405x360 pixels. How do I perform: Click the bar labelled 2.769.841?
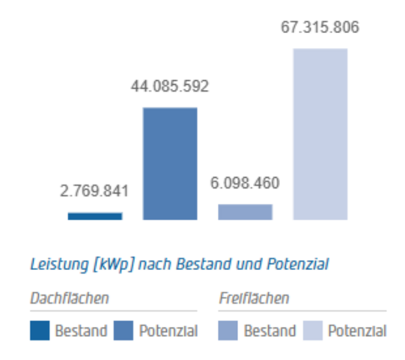[x=95, y=216]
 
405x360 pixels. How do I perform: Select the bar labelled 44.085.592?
[x=169, y=164]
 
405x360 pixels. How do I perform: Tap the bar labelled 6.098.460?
[x=245, y=212]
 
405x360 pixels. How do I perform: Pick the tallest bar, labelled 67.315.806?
[x=320, y=134]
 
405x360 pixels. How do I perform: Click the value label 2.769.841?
[x=94, y=191]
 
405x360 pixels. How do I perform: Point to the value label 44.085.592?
[x=169, y=87]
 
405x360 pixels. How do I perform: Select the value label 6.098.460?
[x=245, y=184]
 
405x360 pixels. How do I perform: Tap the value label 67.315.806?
[x=320, y=27]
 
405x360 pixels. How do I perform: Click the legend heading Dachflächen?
[x=69, y=298]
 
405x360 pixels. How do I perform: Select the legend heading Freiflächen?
[x=253, y=298]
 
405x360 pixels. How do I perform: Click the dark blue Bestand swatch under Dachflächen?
[x=39, y=331]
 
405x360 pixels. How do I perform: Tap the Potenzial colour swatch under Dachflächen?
[x=124, y=331]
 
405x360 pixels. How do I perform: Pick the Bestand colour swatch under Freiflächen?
[x=228, y=331]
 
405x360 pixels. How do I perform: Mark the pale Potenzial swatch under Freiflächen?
[x=312, y=331]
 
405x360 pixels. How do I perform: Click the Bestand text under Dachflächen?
[x=81, y=331]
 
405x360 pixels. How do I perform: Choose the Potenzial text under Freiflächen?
[x=357, y=331]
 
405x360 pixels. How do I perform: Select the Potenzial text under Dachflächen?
[x=168, y=331]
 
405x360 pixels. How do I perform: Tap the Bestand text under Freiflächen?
[x=270, y=331]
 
